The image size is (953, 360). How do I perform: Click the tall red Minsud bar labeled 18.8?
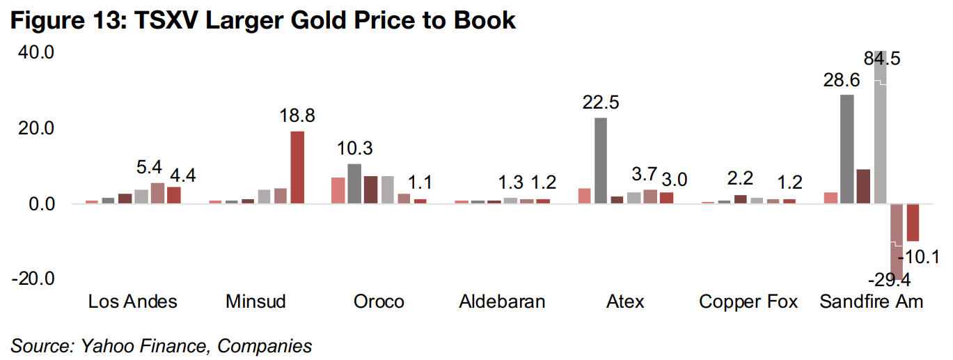point(297,167)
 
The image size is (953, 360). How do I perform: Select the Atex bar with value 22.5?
point(601,161)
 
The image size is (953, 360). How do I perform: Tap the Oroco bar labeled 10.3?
point(354,184)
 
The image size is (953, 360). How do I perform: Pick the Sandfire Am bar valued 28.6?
point(846,149)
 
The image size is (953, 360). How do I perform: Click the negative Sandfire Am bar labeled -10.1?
point(913,222)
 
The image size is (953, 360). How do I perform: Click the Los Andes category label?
point(132,302)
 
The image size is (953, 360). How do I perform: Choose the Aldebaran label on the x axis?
point(502,302)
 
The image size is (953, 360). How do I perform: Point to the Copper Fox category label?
point(748,302)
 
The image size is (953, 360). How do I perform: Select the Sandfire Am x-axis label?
point(871,302)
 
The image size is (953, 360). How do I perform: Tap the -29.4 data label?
point(889,281)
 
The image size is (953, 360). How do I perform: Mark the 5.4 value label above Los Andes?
point(149,168)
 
